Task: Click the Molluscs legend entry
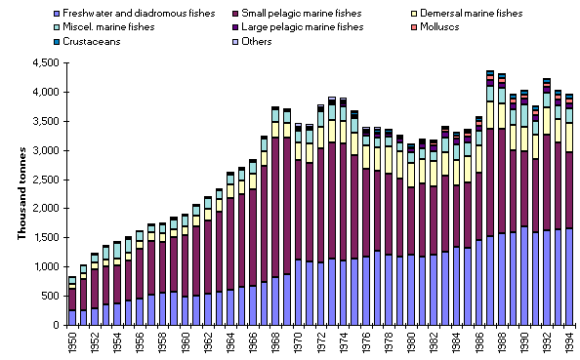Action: [445, 26]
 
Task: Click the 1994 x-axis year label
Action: [569, 341]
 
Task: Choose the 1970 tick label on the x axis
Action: [298, 341]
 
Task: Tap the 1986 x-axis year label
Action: [478, 341]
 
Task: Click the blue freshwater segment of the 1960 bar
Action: [186, 310]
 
